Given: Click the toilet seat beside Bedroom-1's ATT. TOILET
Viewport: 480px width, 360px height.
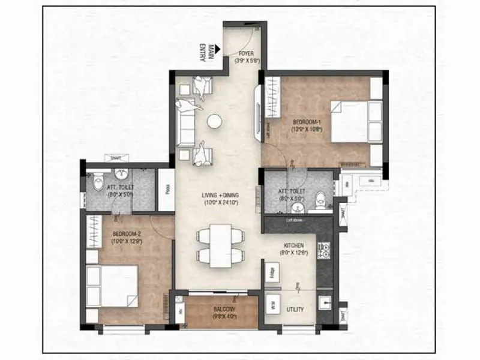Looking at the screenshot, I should tap(320, 199).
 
